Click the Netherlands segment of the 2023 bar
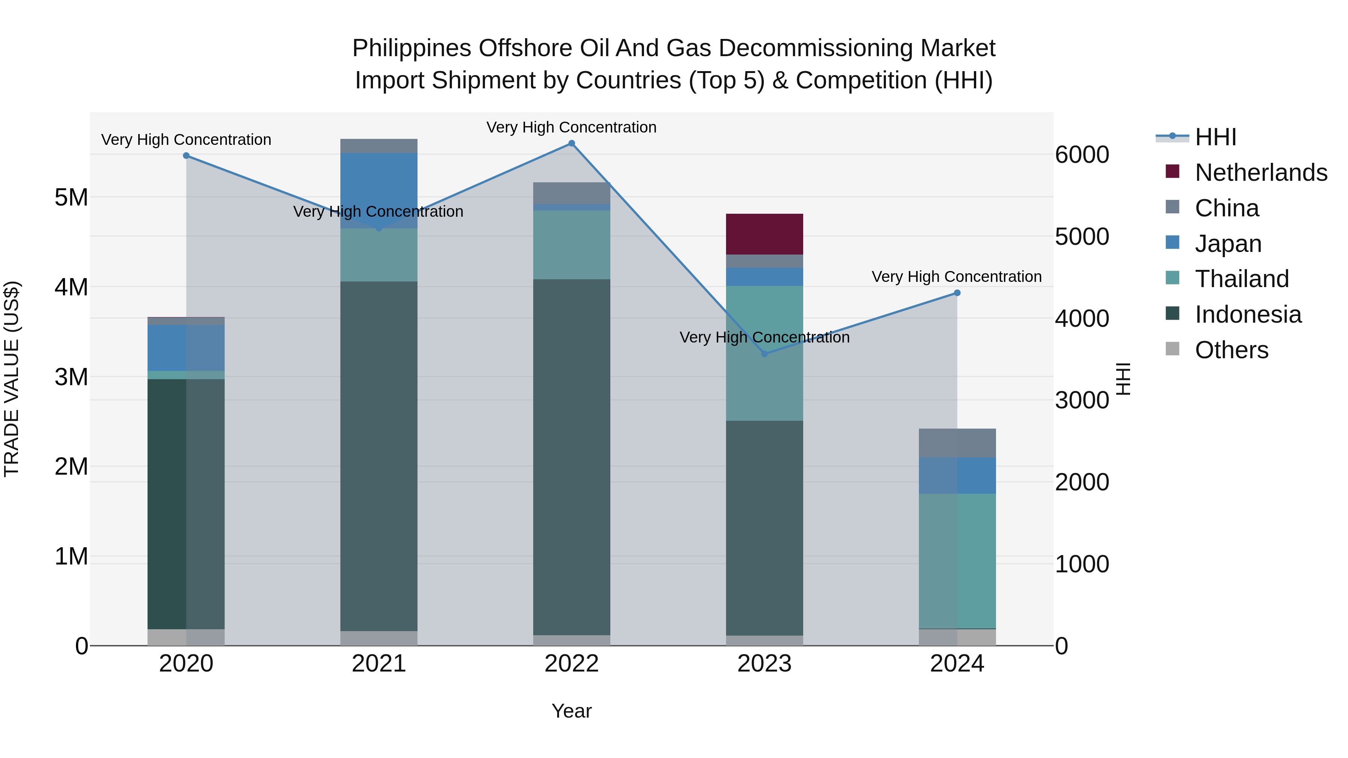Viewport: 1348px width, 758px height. click(x=764, y=234)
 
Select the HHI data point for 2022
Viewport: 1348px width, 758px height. click(x=571, y=143)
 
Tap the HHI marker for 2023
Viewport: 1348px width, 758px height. click(x=764, y=354)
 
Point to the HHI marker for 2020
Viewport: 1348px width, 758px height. click(x=186, y=155)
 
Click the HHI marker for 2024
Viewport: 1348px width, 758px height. click(x=957, y=293)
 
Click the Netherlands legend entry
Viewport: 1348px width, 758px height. click(x=1260, y=173)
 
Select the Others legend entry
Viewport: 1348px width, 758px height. click(x=1231, y=350)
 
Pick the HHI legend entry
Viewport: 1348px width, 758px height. click(x=1215, y=137)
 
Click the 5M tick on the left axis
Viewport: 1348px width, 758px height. click(x=71, y=198)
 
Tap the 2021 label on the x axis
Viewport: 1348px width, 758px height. click(x=379, y=664)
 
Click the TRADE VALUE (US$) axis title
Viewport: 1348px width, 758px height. click(x=12, y=379)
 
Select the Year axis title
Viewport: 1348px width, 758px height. click(x=571, y=711)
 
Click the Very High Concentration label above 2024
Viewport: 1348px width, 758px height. click(x=957, y=277)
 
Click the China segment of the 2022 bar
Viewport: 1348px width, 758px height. click(x=571, y=193)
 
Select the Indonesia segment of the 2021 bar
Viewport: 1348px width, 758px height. click(x=379, y=455)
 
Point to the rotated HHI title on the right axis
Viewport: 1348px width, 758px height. click(x=1123, y=379)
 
